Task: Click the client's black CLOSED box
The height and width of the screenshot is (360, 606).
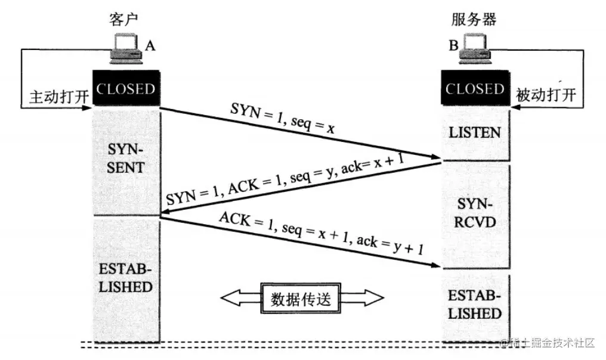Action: point(126,89)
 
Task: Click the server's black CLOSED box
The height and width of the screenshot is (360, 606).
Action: point(475,89)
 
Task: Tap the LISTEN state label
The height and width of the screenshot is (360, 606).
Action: point(475,132)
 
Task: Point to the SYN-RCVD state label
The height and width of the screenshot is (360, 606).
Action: point(475,213)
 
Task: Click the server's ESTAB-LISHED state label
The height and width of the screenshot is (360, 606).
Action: point(475,305)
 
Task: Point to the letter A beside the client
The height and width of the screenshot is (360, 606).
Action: point(151,45)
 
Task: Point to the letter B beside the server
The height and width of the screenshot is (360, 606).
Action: point(453,45)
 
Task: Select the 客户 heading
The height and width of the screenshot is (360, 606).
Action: point(124,19)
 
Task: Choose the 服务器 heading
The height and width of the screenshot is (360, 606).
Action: point(474,19)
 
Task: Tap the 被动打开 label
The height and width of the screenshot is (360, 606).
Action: point(547,95)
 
